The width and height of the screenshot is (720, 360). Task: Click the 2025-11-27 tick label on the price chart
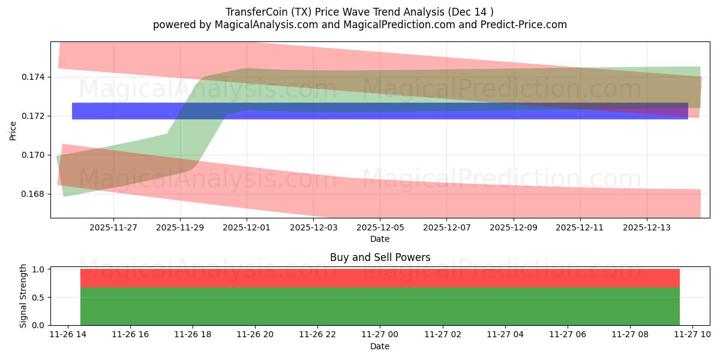(x=113, y=228)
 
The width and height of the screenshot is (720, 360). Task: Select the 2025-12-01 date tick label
(x=247, y=228)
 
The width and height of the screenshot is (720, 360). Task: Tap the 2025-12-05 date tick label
(x=380, y=228)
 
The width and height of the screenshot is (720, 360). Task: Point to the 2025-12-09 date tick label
(x=513, y=228)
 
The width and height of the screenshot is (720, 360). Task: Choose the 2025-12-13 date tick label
(x=646, y=228)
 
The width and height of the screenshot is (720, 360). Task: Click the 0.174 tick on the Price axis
(x=35, y=77)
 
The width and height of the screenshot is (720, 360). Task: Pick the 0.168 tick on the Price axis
(x=35, y=194)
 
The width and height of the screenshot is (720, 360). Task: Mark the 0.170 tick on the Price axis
(x=35, y=155)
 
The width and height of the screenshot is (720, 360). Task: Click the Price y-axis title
(x=13, y=130)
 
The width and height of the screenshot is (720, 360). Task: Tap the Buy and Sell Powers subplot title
(x=380, y=257)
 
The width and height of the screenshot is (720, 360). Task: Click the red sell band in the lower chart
(x=380, y=278)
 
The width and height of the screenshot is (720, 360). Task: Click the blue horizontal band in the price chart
(x=380, y=111)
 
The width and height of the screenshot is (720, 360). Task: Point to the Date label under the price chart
(x=380, y=239)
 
